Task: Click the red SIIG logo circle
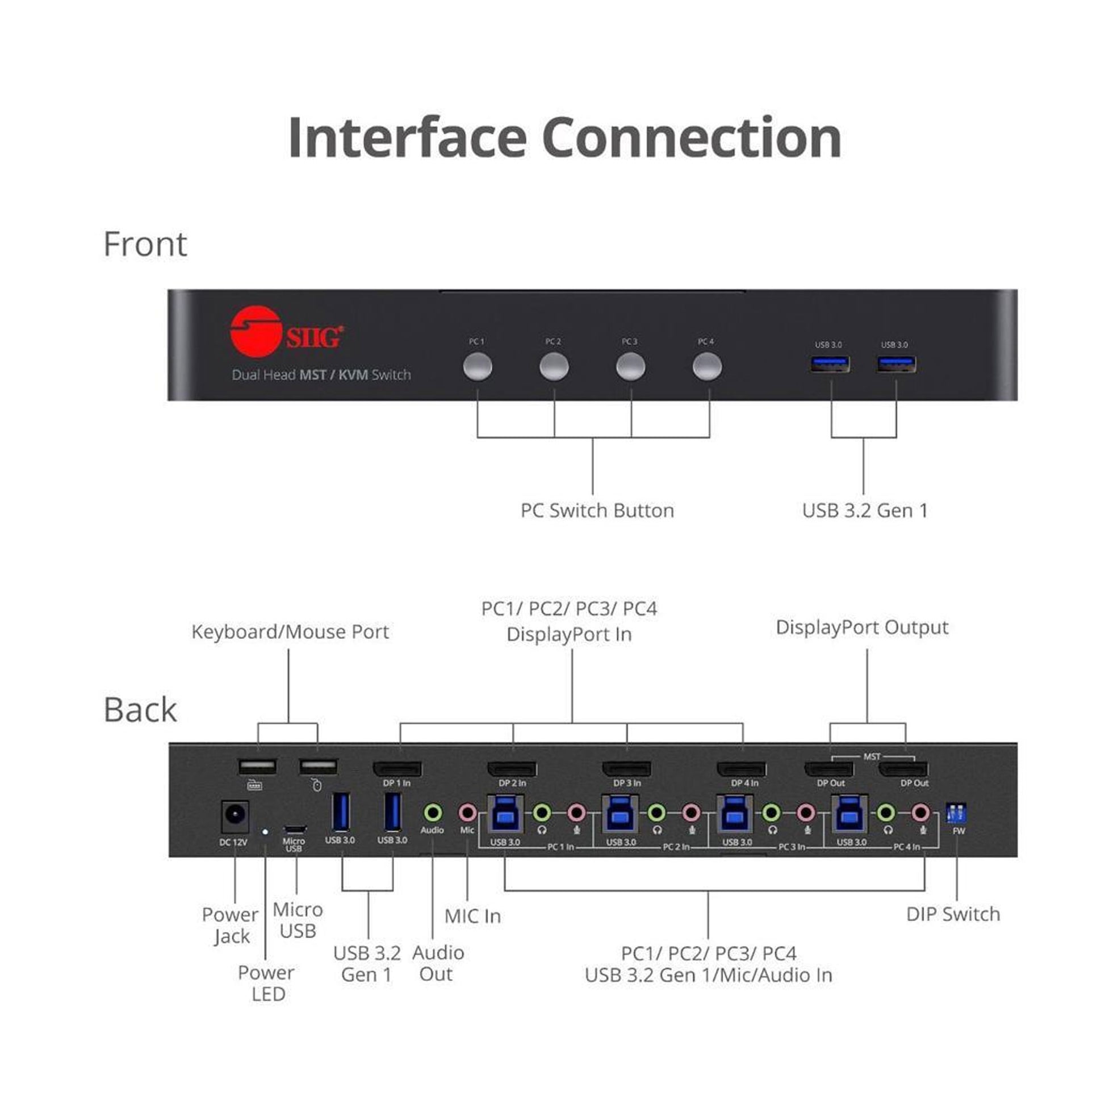coord(256,332)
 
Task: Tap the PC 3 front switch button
coord(630,367)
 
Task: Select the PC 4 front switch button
coord(707,367)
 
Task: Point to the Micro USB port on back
coord(295,830)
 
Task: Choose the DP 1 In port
coord(397,769)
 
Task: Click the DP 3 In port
coord(626,769)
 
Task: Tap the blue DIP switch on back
coord(956,812)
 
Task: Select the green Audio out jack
coord(433,811)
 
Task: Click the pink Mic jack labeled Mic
coord(467,811)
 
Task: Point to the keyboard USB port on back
coord(257,767)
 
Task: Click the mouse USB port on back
coord(318,767)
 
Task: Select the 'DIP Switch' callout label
coord(953,914)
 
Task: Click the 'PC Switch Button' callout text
coord(597,510)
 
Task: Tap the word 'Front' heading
coord(145,244)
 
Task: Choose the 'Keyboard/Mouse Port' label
coord(290,632)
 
